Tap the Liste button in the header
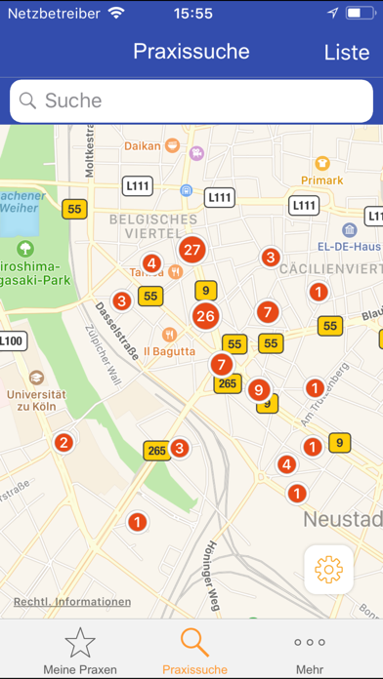[x=346, y=52]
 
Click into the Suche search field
[x=191, y=100]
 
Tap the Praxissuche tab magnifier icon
[x=194, y=642]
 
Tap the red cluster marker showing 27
[x=191, y=250]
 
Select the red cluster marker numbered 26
[x=204, y=315]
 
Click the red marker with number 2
[x=64, y=443]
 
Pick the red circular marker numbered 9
[x=258, y=389]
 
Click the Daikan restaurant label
[x=144, y=146]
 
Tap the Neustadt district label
[x=342, y=517]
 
